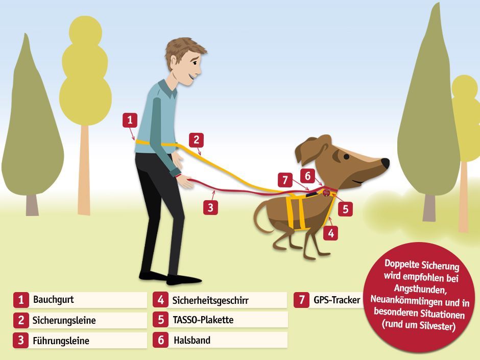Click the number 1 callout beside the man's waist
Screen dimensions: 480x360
click(x=130, y=120)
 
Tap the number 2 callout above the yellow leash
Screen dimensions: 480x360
click(x=196, y=140)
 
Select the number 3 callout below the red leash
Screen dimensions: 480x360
click(x=210, y=207)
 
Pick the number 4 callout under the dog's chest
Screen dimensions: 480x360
click(x=331, y=233)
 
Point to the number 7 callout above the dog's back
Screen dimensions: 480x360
click(x=285, y=180)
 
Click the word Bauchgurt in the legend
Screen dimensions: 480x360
click(x=54, y=299)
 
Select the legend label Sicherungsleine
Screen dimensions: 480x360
click(x=64, y=320)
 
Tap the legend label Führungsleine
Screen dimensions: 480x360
click(x=61, y=341)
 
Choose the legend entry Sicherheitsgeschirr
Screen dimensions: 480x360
click(x=210, y=300)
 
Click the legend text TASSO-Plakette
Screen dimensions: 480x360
click(x=203, y=320)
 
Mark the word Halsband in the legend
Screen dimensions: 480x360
click(x=192, y=340)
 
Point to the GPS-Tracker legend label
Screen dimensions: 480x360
click(x=337, y=300)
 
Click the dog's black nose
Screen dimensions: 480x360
click(x=385, y=162)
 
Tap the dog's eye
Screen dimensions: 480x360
click(x=346, y=157)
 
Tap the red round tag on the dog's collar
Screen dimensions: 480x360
click(x=327, y=192)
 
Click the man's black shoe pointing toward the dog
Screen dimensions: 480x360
click(x=184, y=279)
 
